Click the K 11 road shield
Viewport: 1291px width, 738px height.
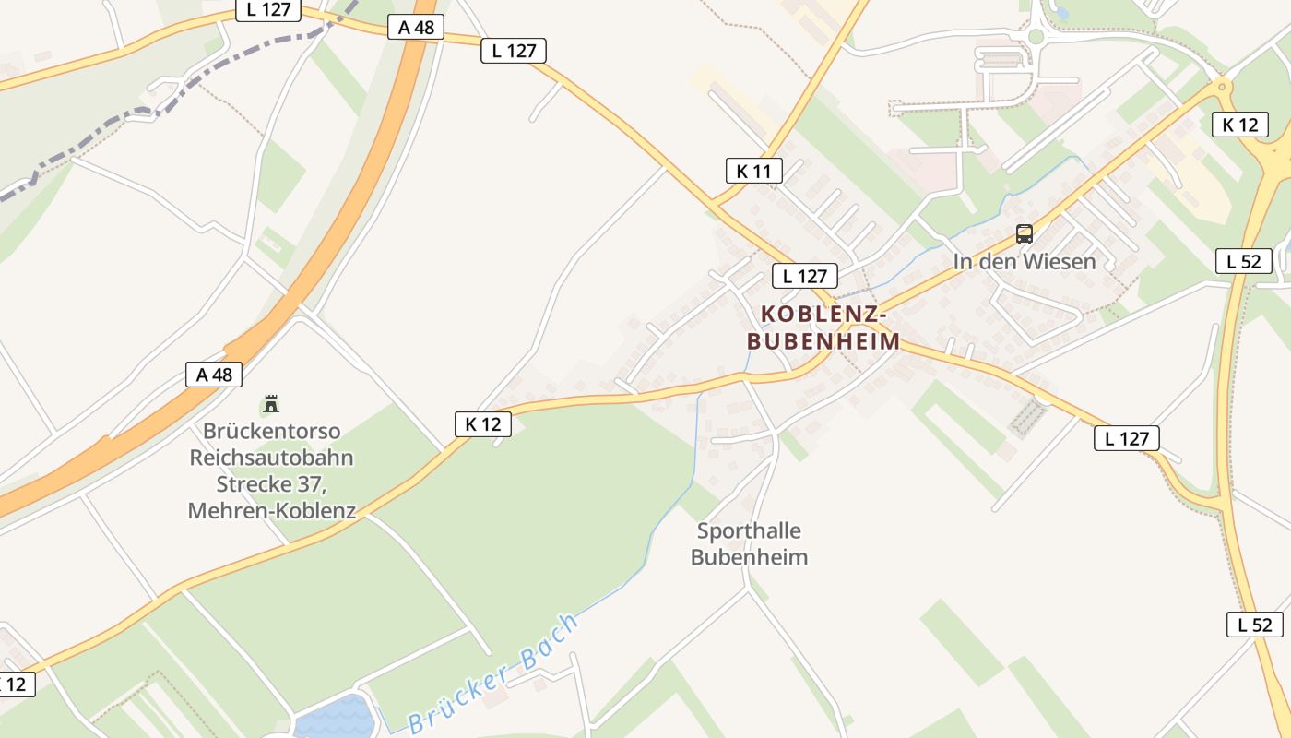pyautogui.click(x=753, y=170)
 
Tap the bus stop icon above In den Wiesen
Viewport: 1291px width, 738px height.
pyautogui.click(x=1025, y=234)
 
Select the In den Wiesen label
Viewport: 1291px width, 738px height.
pyautogui.click(x=1025, y=261)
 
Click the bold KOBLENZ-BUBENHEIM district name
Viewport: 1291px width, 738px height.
pyautogui.click(x=823, y=327)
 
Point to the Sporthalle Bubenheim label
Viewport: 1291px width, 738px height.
pyautogui.click(x=749, y=543)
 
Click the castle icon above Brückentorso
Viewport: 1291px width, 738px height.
pyautogui.click(x=271, y=403)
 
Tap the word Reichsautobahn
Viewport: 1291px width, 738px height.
pyautogui.click(x=271, y=458)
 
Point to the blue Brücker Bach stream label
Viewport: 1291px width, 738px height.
pyautogui.click(x=494, y=672)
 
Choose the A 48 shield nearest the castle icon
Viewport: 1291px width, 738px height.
pyautogui.click(x=214, y=374)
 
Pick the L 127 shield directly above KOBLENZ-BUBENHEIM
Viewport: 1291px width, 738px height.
pyautogui.click(x=804, y=275)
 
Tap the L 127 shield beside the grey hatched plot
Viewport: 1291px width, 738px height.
pyautogui.click(x=1126, y=438)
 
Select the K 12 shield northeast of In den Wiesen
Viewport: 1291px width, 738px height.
pyautogui.click(x=1239, y=125)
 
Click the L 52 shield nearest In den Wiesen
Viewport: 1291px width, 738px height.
pyautogui.click(x=1243, y=261)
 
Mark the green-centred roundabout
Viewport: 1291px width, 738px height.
pyautogui.click(x=1036, y=37)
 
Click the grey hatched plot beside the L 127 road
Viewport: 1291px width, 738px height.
pyautogui.click(x=1029, y=418)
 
